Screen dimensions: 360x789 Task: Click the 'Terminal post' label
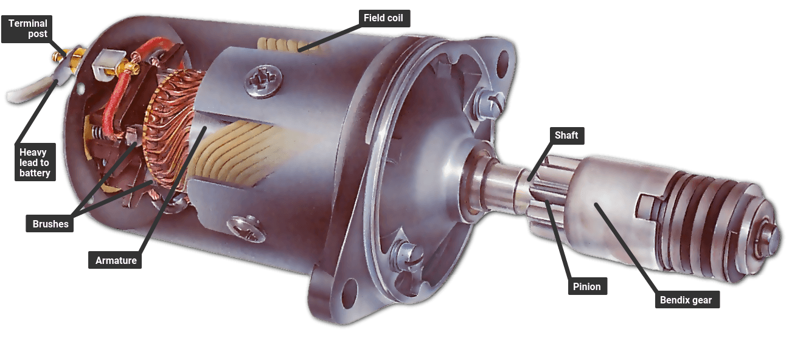27,29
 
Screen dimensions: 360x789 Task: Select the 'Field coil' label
383,18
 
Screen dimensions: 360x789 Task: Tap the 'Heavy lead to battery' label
34,163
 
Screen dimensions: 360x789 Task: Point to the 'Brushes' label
50,224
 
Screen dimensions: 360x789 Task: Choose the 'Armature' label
116,260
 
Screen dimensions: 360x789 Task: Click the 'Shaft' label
566,135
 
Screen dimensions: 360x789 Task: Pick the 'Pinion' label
586,286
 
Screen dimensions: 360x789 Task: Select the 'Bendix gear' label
685,300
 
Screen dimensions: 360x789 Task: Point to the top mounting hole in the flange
502,59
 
